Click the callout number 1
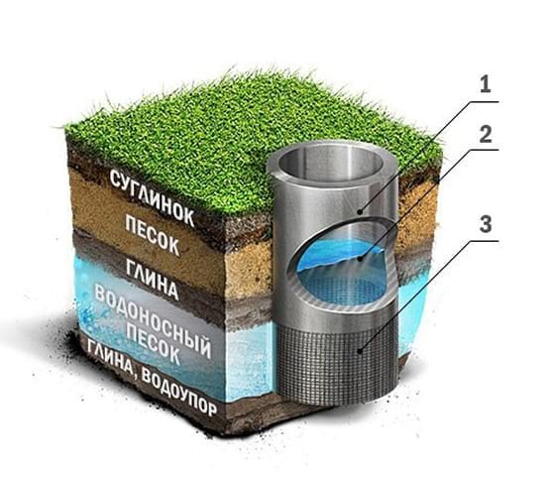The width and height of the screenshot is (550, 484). tap(485, 84)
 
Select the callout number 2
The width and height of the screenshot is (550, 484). tap(486, 134)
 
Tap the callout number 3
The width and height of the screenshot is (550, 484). tap(486, 224)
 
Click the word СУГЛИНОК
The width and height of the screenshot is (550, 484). tap(152, 197)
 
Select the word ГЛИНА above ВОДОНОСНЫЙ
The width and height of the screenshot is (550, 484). tap(153, 280)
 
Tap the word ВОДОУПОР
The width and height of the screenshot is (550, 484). tap(179, 393)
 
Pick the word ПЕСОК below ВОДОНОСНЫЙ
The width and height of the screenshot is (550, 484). tap(154, 345)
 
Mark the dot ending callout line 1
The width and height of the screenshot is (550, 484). tap(360, 211)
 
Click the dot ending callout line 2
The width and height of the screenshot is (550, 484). tap(359, 260)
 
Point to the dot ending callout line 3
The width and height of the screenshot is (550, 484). tap(360, 350)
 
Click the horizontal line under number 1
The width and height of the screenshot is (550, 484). tap(485, 101)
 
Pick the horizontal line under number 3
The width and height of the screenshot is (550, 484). tap(485, 241)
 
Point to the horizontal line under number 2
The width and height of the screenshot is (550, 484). tap(485, 150)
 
